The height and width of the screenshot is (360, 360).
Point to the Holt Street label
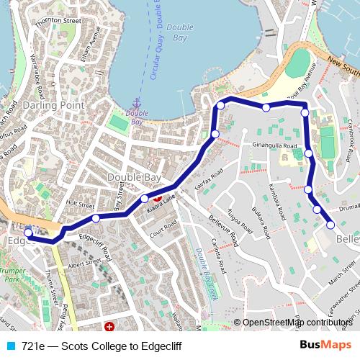point(80,204)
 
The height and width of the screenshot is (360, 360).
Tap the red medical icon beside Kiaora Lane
point(158,194)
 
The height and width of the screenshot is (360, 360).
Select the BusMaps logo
point(325,346)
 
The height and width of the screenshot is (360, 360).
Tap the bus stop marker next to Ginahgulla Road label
point(309,153)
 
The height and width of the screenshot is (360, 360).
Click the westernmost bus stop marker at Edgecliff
point(28,233)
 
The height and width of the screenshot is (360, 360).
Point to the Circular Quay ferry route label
point(153,50)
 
